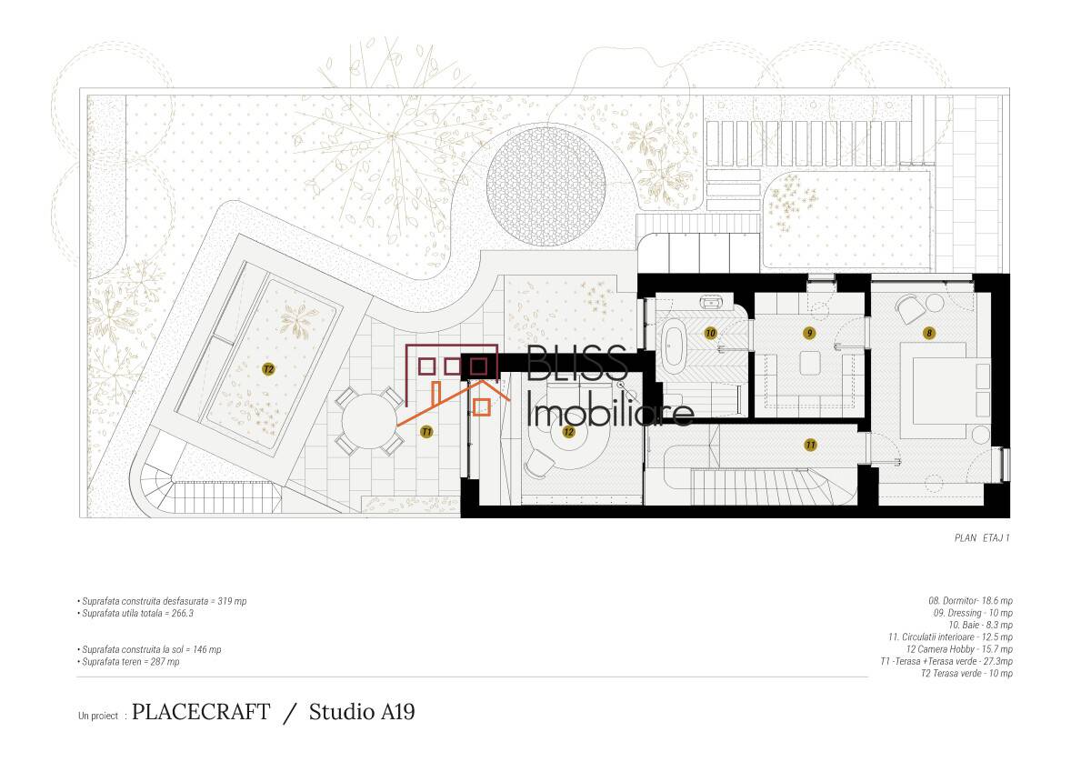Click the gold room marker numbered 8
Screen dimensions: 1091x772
(929, 333)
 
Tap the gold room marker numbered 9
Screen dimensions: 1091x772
(809, 333)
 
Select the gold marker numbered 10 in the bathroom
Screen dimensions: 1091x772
(711, 333)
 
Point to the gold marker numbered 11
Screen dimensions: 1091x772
(810, 445)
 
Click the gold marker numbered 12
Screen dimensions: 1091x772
(568, 432)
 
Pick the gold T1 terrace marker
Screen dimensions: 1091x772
(426, 432)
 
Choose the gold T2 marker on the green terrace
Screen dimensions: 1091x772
(268, 368)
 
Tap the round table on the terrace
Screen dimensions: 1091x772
(369, 422)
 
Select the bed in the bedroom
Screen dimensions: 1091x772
(945, 391)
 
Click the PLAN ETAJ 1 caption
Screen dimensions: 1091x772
(982, 537)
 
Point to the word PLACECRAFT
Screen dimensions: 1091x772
(201, 712)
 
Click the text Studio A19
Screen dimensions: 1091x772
(362, 712)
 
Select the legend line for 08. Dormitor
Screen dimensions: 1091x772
(970, 600)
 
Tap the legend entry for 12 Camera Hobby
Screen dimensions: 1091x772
(959, 649)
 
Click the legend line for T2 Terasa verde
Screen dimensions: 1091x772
(966, 673)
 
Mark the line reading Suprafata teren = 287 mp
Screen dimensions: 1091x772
(128, 661)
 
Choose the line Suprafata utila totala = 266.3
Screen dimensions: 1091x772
(135, 613)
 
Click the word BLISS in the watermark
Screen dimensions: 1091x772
(576, 363)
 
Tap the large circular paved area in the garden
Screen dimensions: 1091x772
(546, 186)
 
